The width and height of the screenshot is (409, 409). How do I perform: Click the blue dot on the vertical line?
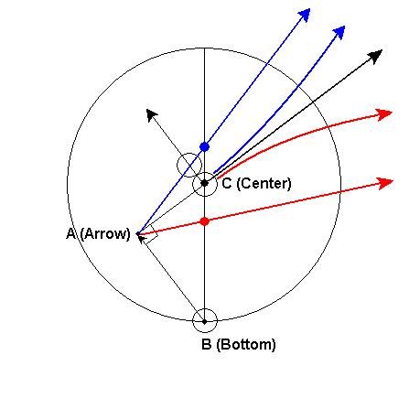[x=204, y=147]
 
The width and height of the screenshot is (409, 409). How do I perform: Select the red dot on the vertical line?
[x=205, y=221]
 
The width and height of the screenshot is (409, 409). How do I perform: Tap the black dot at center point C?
[x=205, y=183]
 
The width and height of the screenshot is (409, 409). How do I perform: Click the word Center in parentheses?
[x=264, y=184]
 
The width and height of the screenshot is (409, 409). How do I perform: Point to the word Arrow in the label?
[x=105, y=234]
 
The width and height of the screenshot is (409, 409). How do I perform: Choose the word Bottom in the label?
[x=246, y=344]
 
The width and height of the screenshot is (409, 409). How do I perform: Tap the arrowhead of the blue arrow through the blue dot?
[x=304, y=15]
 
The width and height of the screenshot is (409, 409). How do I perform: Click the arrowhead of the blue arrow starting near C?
[x=339, y=32]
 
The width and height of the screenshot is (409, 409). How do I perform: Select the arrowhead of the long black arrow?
[x=375, y=57]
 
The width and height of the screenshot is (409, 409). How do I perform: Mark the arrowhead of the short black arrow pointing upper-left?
[x=152, y=115]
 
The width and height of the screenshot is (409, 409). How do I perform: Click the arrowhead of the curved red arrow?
[x=384, y=114]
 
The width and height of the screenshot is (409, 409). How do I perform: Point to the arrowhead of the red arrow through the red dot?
[x=385, y=183]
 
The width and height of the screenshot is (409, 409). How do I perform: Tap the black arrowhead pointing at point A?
[x=141, y=238]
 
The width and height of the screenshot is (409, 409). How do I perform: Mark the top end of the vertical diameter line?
[x=204, y=48]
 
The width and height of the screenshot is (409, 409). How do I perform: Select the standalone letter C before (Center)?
[x=227, y=184]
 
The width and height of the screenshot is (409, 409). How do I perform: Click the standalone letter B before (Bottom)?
[x=206, y=344]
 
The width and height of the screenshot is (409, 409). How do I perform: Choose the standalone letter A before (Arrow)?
[x=70, y=234]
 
